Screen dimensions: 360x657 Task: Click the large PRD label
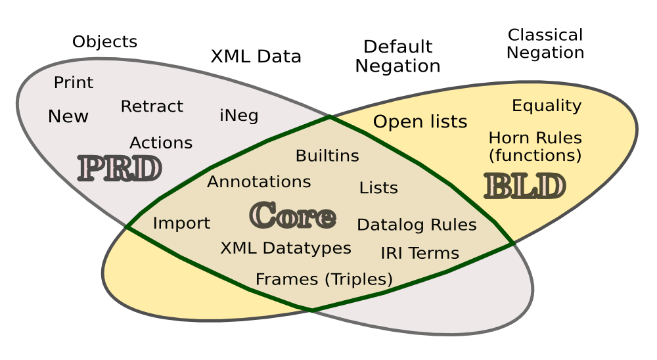(x=119, y=169)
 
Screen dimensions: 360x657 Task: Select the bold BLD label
(x=524, y=186)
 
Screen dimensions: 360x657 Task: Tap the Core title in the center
(x=292, y=215)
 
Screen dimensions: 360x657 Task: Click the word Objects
(x=104, y=42)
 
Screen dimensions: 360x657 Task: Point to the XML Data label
(x=256, y=56)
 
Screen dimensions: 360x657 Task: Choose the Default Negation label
(x=397, y=56)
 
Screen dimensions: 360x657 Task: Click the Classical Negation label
(x=545, y=43)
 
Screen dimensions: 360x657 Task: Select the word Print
(x=74, y=83)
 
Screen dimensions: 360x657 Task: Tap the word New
(x=68, y=117)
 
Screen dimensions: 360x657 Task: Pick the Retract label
(x=152, y=106)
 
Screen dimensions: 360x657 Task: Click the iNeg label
(x=238, y=116)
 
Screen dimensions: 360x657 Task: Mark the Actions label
(x=161, y=143)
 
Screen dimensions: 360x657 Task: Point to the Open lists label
(x=420, y=122)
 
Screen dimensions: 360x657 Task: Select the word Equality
(x=547, y=106)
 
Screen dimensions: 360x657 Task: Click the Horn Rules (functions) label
(x=535, y=146)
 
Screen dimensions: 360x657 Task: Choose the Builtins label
(x=327, y=156)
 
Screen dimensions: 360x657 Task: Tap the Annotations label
(x=259, y=181)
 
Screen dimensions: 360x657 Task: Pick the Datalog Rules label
(x=417, y=225)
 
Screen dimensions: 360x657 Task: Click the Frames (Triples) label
(x=324, y=279)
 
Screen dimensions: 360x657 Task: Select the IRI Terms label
(x=419, y=253)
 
